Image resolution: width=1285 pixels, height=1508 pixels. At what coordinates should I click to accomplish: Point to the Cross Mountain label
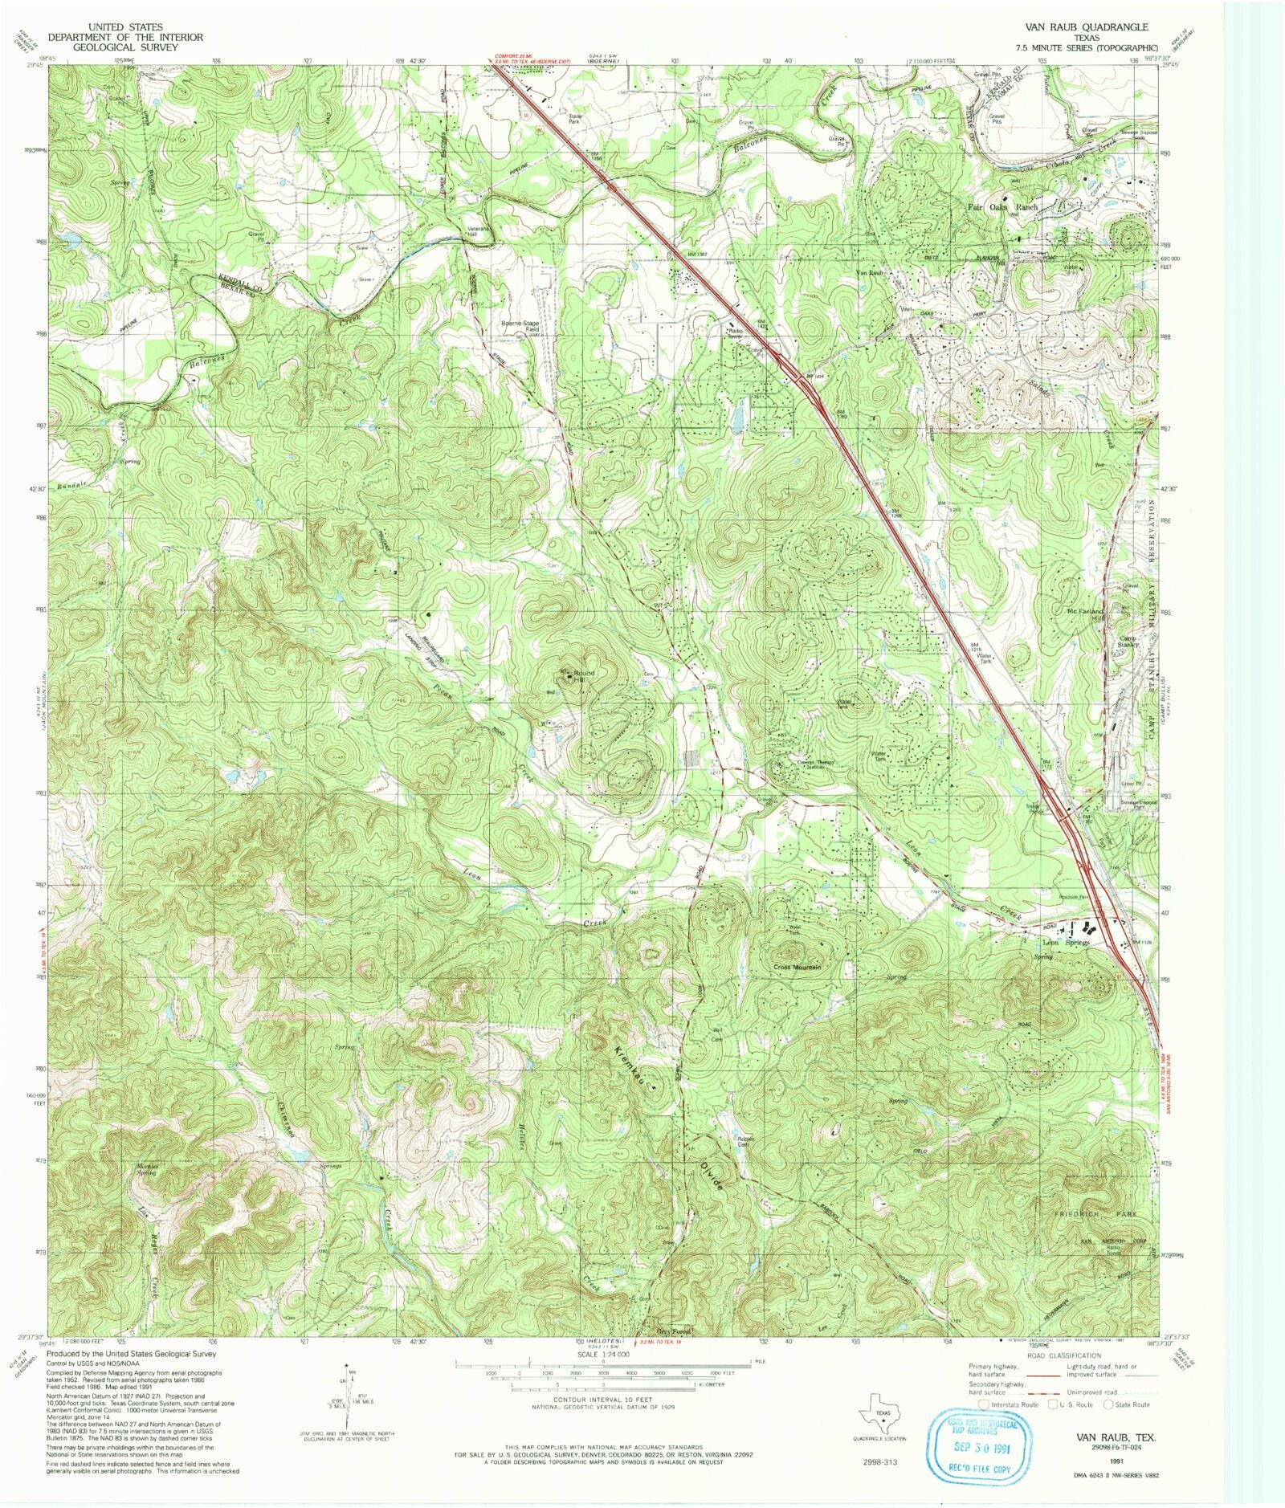(797, 967)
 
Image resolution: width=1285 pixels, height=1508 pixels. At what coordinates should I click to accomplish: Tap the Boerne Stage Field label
(520, 327)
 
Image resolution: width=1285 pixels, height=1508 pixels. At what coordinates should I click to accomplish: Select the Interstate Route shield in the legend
(983, 1404)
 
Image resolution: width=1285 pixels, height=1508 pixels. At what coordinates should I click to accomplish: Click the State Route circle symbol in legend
(1109, 1404)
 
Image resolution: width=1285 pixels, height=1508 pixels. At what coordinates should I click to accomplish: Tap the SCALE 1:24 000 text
(602, 1354)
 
